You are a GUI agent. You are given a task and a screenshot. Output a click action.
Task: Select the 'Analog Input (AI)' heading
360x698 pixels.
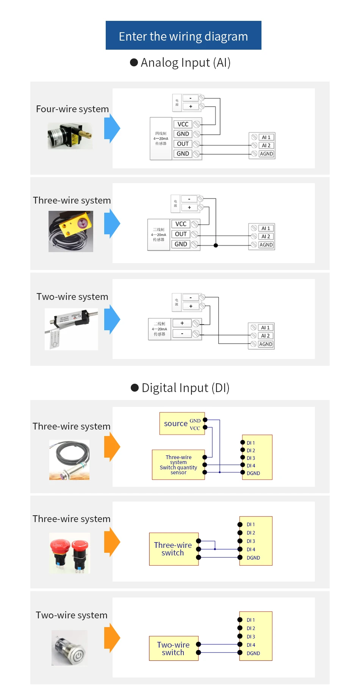(180, 63)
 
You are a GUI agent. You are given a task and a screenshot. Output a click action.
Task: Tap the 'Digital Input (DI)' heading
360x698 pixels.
(180, 388)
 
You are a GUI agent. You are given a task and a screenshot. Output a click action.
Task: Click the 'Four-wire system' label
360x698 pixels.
(72, 109)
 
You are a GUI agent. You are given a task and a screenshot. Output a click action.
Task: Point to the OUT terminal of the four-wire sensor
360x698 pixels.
(183, 144)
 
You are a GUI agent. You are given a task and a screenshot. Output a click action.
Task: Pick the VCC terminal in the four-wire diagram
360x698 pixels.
(183, 124)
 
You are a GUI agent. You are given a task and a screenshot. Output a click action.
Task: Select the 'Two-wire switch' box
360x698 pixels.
(174, 648)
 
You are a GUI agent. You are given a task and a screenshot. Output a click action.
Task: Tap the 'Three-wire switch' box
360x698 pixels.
(174, 549)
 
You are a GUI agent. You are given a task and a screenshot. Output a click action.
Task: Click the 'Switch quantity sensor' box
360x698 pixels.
(178, 465)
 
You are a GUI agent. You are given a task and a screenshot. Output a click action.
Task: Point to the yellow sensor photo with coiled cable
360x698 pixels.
(71, 231)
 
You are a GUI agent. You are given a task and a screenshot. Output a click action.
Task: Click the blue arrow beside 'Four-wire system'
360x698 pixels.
(112, 129)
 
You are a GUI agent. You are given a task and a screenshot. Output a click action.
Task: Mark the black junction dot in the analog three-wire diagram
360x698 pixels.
(216, 245)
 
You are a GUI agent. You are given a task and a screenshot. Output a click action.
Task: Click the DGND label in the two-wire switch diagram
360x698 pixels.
(253, 653)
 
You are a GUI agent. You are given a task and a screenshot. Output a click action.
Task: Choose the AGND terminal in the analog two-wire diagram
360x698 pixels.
(266, 344)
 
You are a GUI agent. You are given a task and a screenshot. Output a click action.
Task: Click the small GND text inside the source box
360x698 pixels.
(195, 421)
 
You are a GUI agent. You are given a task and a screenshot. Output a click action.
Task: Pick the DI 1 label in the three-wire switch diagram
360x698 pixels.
(250, 524)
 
